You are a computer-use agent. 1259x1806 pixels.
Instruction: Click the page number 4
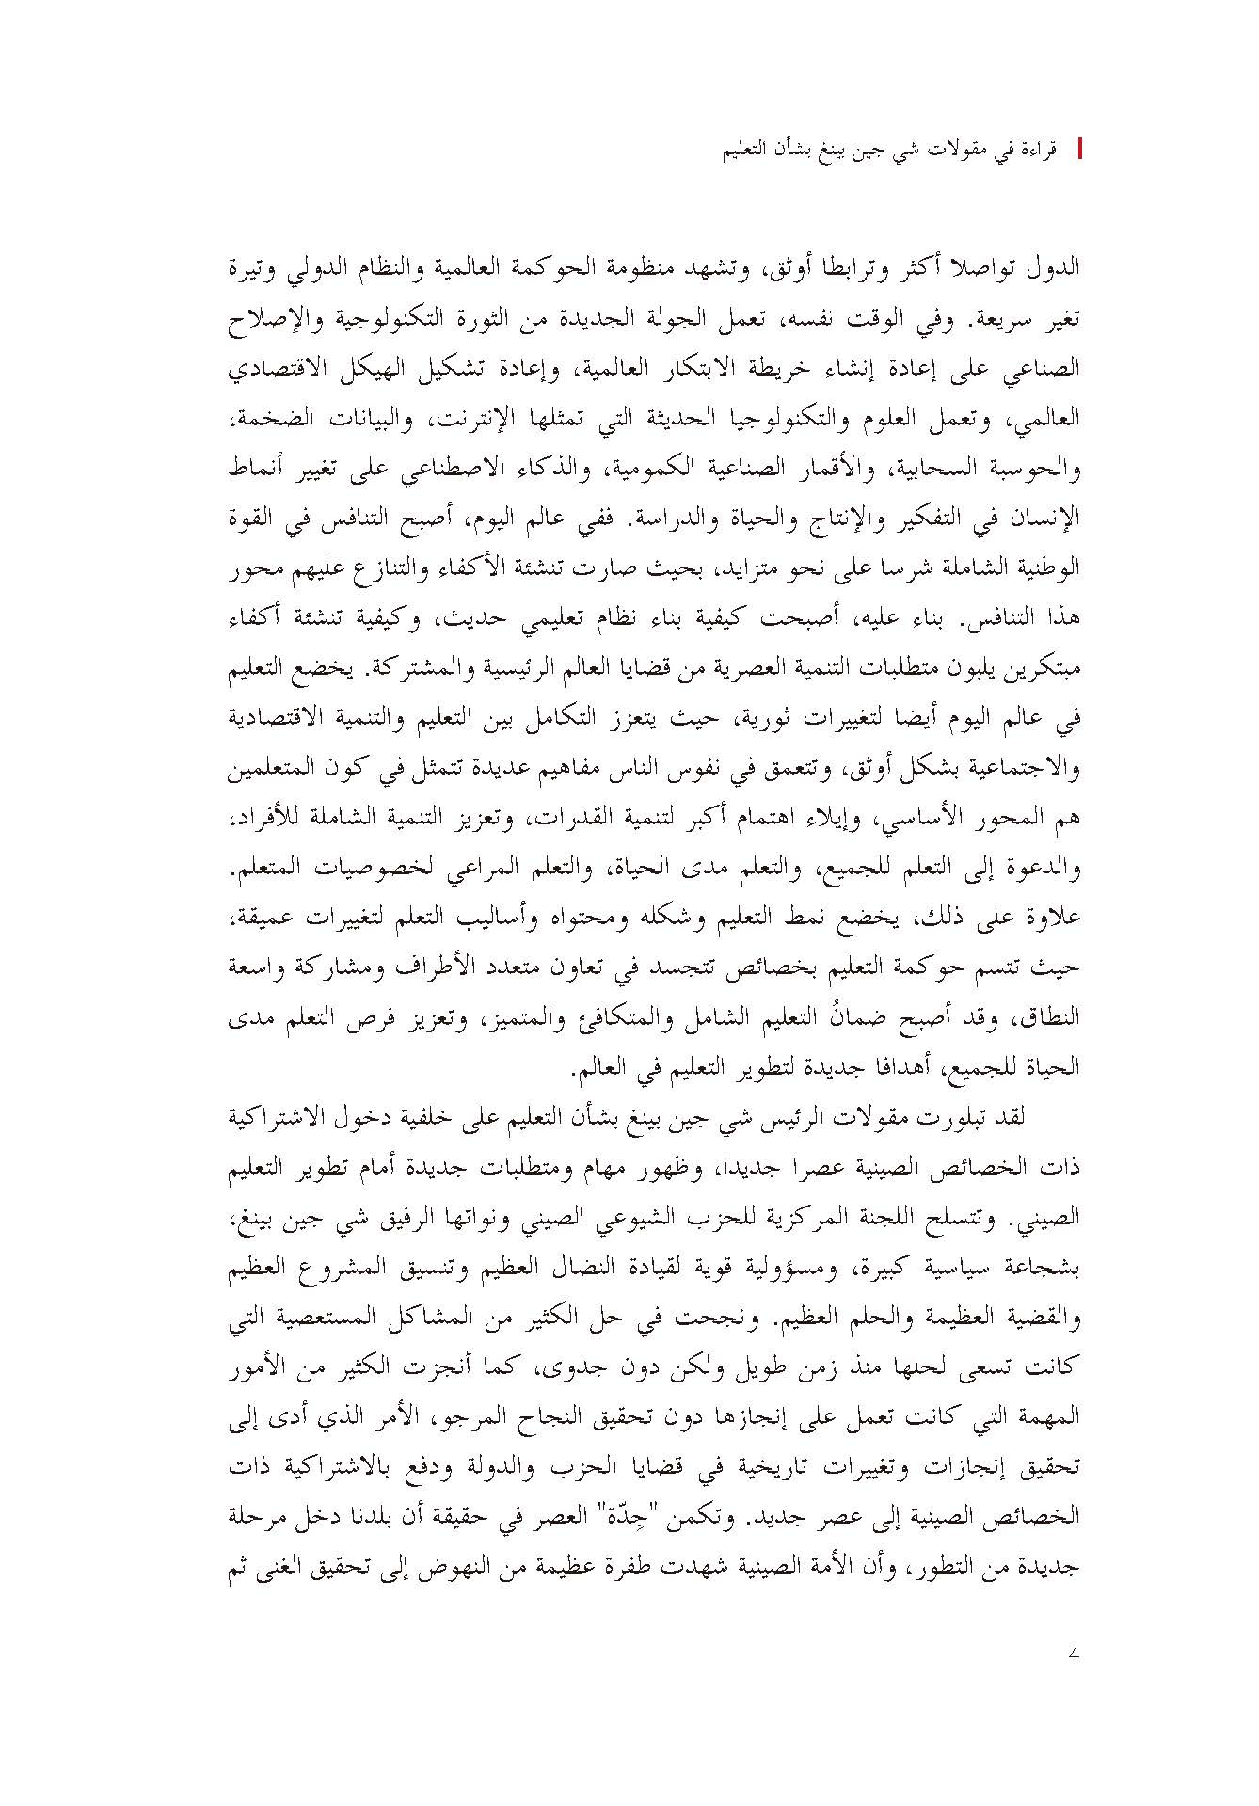(1074, 1654)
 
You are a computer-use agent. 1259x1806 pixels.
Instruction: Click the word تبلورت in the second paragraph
(973, 1115)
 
